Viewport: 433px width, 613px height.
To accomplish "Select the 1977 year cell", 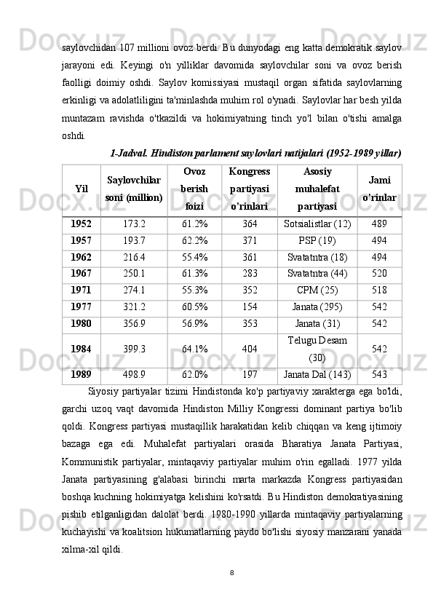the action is [81, 306].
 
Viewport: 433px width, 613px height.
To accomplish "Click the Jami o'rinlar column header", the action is [378, 189].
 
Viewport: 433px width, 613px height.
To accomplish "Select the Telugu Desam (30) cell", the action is [317, 349].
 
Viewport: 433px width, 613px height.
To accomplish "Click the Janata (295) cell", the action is [317, 306].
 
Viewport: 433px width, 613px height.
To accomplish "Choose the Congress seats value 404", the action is [250, 349].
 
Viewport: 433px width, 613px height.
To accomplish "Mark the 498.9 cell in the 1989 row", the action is [134, 376].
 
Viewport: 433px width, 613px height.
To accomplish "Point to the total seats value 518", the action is [378, 289].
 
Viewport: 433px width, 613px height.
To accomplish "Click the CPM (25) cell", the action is [317, 289].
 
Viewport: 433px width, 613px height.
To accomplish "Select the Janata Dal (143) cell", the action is [317, 376].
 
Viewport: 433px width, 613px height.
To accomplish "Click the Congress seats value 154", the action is [250, 306].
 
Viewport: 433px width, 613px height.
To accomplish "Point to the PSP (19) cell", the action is [317, 240].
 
